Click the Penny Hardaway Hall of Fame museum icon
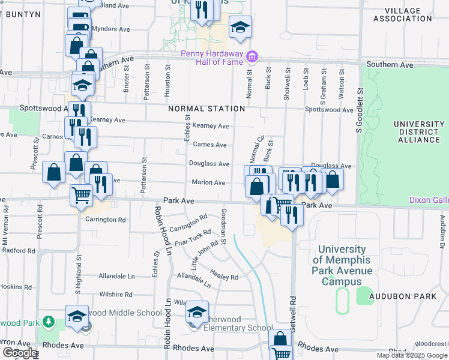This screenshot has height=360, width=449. click(x=253, y=58)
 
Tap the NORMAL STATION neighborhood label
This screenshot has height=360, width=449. click(x=206, y=109)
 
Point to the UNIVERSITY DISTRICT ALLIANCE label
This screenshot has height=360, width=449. click(x=417, y=132)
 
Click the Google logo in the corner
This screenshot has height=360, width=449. click(x=20, y=353)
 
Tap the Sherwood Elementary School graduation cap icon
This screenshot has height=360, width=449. click(x=196, y=312)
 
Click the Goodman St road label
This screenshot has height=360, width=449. click(x=223, y=227)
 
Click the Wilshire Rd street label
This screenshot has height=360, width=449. click(x=116, y=295)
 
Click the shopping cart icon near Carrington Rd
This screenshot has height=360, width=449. click(x=82, y=194)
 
